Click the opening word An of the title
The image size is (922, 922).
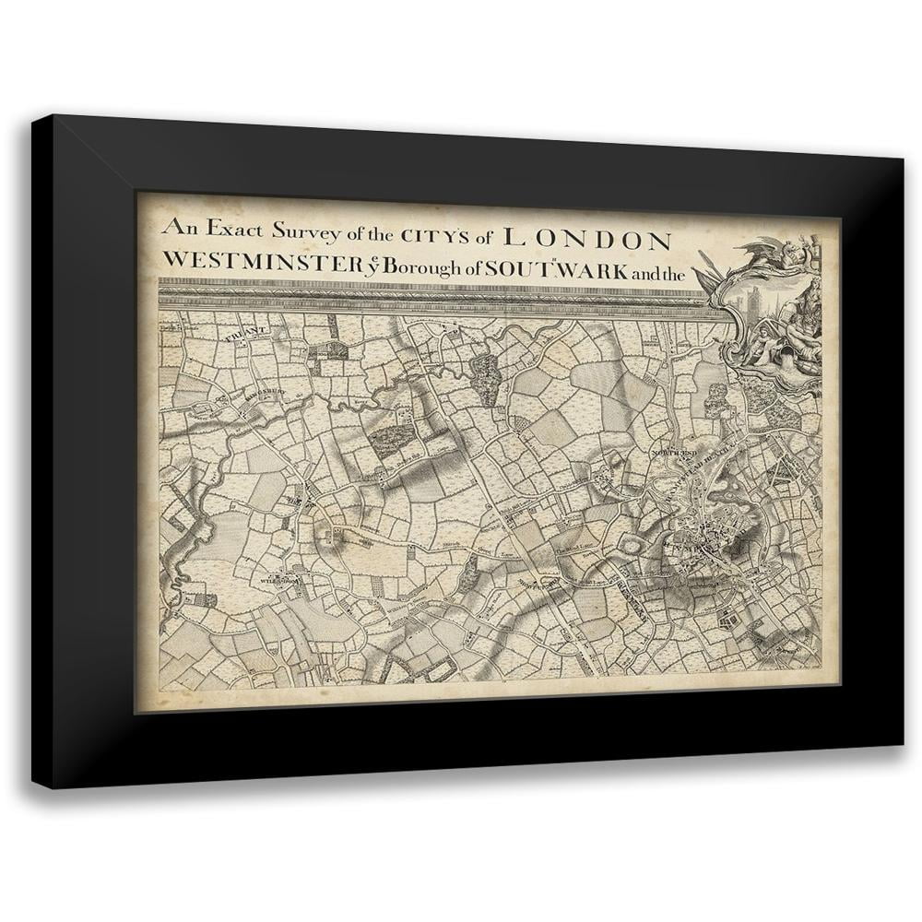point(175,224)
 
